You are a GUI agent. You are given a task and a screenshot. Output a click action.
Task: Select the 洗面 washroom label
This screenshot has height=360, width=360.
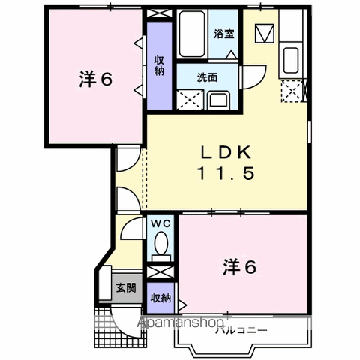(x=208, y=77)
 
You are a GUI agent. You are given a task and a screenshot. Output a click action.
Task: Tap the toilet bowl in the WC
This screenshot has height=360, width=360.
(x=160, y=243)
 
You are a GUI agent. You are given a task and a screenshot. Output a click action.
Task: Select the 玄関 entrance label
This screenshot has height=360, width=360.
(x=124, y=287)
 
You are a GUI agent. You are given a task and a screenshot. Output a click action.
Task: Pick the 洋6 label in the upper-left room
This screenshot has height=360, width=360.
(x=95, y=79)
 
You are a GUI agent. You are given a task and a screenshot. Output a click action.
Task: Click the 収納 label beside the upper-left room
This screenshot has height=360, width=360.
(x=159, y=66)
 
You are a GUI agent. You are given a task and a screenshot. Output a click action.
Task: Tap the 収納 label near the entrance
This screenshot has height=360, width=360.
(x=160, y=298)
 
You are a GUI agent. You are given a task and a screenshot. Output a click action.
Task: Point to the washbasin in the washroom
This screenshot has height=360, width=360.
(x=220, y=100)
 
